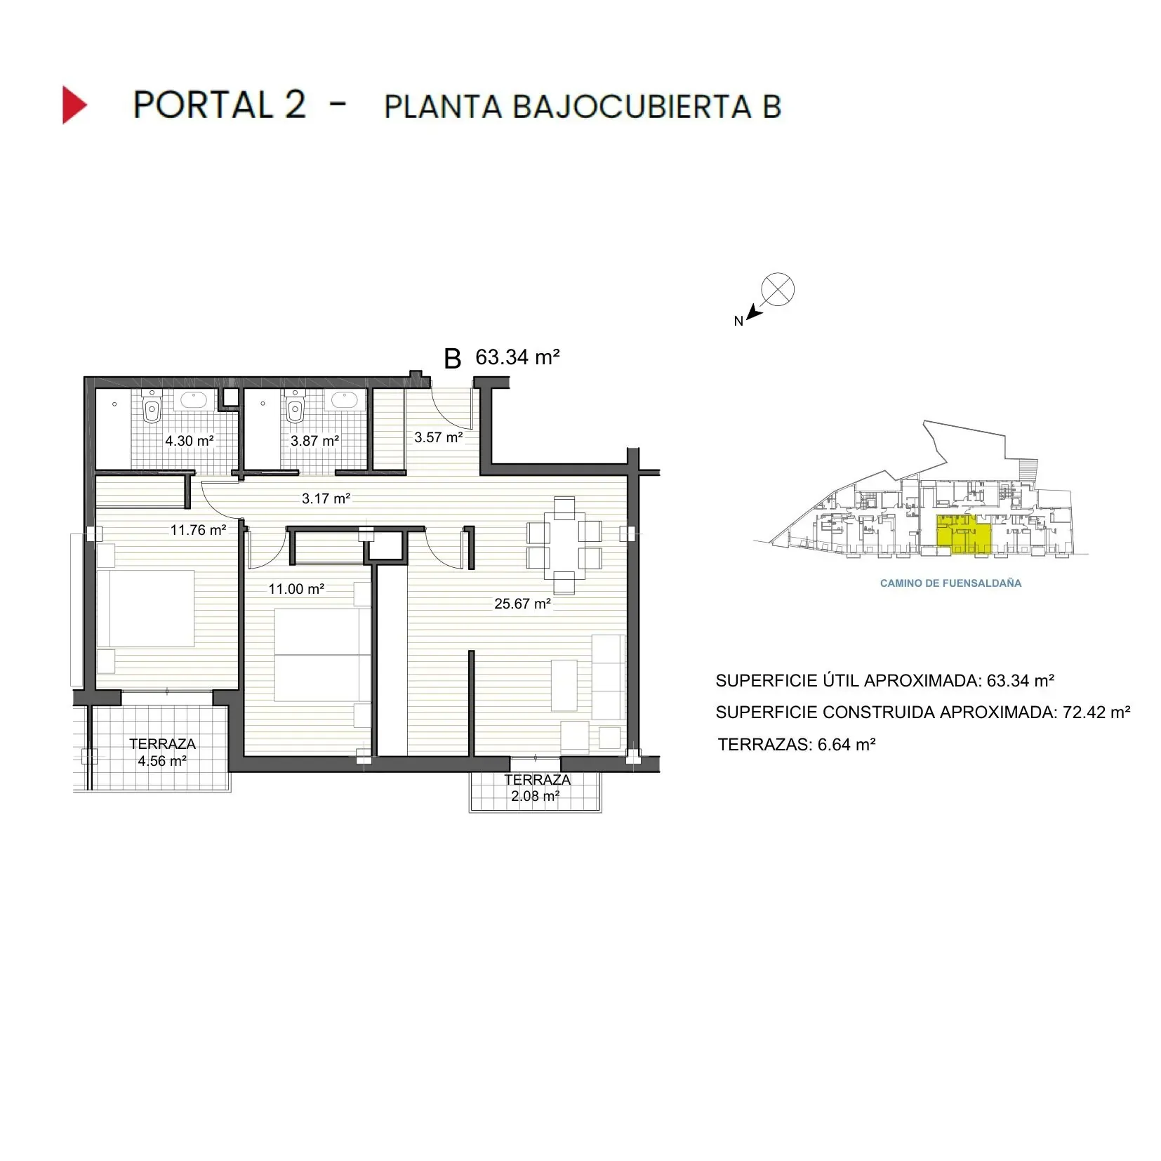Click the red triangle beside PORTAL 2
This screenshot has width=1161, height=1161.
tap(74, 105)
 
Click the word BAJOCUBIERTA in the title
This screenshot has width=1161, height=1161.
tap(631, 107)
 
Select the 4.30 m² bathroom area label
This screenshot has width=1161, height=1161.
tap(189, 441)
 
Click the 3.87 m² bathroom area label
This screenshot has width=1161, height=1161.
tap(314, 441)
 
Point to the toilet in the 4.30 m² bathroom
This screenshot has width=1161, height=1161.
tap(152, 408)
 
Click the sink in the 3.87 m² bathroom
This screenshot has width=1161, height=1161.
tap(345, 400)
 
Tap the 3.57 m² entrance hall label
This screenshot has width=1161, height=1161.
tap(438, 437)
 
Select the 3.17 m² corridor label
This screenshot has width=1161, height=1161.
tap(326, 498)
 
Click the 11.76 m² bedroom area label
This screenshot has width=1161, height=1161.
tap(198, 530)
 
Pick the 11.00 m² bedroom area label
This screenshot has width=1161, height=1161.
tap(296, 589)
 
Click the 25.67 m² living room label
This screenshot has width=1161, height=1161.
tap(522, 604)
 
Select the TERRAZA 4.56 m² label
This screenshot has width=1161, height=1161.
tap(162, 752)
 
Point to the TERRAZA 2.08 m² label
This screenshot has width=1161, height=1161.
tap(536, 788)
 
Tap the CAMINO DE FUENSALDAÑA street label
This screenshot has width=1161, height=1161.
tap(950, 583)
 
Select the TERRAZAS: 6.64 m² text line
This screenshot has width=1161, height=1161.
tap(796, 745)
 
